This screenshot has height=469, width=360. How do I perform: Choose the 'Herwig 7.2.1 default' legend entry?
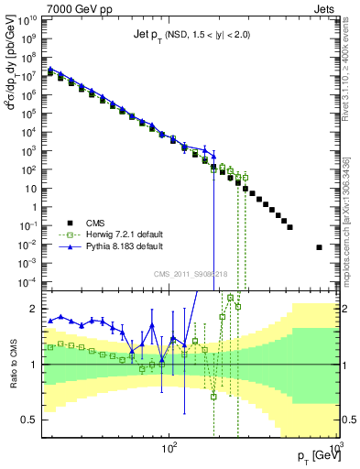(119, 234)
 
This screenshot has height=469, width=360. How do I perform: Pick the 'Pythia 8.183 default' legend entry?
(119, 247)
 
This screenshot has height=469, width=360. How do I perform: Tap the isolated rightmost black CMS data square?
(320, 247)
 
